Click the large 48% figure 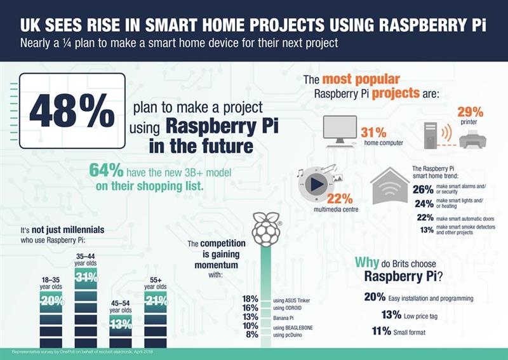pos(72,112)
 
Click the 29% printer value pos(471,110)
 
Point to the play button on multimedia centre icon pos(317,185)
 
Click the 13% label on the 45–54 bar pos(121,324)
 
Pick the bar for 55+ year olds pos(156,314)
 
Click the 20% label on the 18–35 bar pos(50,302)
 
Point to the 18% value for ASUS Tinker pos(250,298)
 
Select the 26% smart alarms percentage pos(422,189)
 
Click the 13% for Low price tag pos(391,314)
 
